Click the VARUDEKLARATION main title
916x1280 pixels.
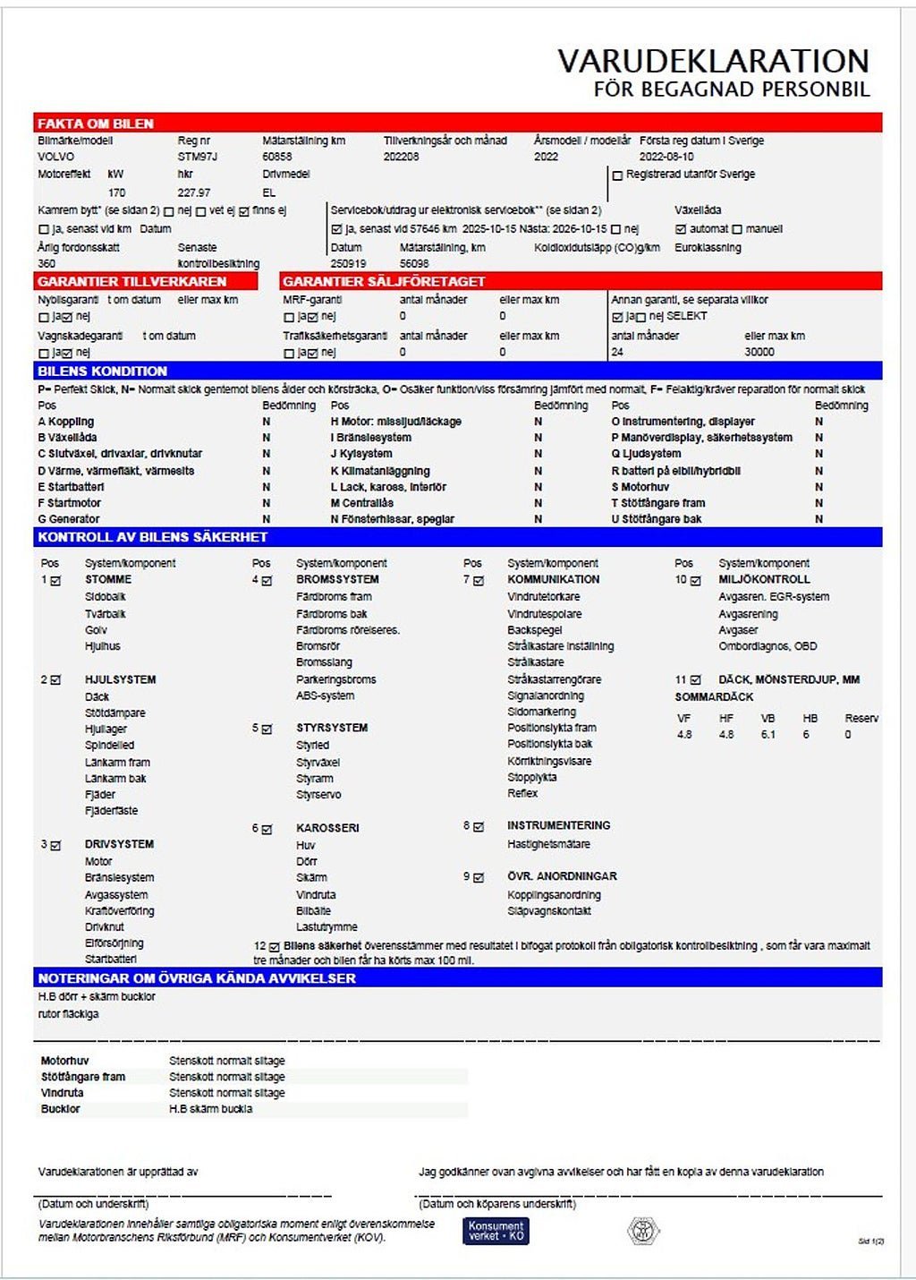tap(713, 61)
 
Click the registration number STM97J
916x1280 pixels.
tap(198, 157)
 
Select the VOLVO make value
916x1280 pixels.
tap(56, 157)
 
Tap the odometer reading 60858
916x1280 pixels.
tap(277, 157)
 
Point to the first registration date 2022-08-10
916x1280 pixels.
tap(666, 157)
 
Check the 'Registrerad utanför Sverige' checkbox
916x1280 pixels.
tap(617, 175)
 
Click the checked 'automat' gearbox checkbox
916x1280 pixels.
tap(681, 229)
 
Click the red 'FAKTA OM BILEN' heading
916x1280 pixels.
tap(96, 124)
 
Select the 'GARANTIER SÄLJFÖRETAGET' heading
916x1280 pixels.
tap(384, 281)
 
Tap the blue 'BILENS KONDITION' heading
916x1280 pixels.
tap(102, 371)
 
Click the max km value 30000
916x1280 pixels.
tap(759, 352)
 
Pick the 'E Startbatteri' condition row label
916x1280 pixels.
tap(71, 487)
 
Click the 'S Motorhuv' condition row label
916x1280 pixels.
tap(640, 487)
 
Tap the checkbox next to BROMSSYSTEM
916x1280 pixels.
tap(267, 581)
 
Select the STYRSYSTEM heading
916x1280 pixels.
tap(332, 728)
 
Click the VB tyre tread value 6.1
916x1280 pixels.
tap(768, 734)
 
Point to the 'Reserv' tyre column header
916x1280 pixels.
tap(861, 718)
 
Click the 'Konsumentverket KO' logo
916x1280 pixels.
tap(496, 1231)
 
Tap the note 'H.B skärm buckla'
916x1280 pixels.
tap(211, 1109)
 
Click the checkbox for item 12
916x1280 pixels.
tap(275, 947)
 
